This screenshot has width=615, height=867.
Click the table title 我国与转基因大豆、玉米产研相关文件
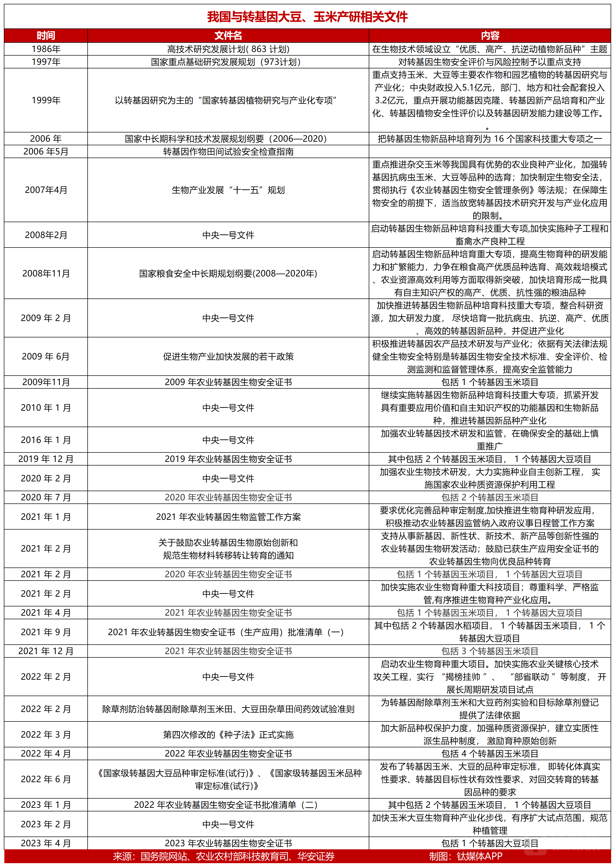(307, 17)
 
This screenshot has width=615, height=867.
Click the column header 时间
(46, 36)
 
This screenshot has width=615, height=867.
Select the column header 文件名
(228, 36)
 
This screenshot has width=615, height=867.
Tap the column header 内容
(490, 36)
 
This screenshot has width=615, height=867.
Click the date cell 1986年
(46, 49)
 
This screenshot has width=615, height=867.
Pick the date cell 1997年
(46, 62)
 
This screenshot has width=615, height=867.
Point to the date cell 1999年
(46, 100)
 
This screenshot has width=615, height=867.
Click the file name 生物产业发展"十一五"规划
(228, 190)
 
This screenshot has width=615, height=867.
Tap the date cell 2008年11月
(46, 273)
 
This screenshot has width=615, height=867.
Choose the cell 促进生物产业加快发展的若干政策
(228, 356)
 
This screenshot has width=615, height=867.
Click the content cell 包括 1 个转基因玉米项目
(490, 382)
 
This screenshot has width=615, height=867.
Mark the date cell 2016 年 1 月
(46, 440)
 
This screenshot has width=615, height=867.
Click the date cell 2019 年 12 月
(46, 459)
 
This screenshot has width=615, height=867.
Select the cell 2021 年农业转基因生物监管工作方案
(228, 517)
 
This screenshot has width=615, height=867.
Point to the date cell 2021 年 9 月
(46, 632)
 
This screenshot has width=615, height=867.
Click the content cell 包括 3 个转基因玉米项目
(490, 651)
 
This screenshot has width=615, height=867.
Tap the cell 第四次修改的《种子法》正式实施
(228, 735)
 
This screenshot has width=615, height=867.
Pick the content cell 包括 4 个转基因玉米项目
(490, 754)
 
